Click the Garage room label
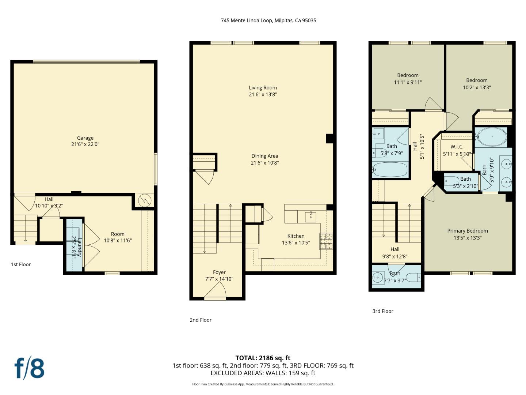pyautogui.click(x=85, y=138)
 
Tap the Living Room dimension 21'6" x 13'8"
pyautogui.click(x=263, y=94)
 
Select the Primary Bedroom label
pyautogui.click(x=467, y=231)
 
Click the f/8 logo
pyautogui.click(x=29, y=368)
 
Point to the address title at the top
pyautogui.click(x=268, y=20)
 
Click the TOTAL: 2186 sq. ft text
pyautogui.click(x=263, y=358)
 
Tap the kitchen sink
pyautogui.click(x=310, y=217)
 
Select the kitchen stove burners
pyautogui.click(x=326, y=241)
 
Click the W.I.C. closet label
pyautogui.click(x=457, y=147)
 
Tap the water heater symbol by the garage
pyautogui.click(x=145, y=200)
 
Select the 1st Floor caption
pyautogui.click(x=21, y=264)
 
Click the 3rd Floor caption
pyautogui.click(x=383, y=311)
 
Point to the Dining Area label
pyautogui.click(x=264, y=156)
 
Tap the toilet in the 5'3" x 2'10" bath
pyautogui.click(x=452, y=181)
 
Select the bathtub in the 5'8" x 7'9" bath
pyautogui.click(x=390, y=170)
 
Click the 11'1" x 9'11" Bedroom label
pyautogui.click(x=408, y=75)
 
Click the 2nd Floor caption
pyautogui.click(x=201, y=320)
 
